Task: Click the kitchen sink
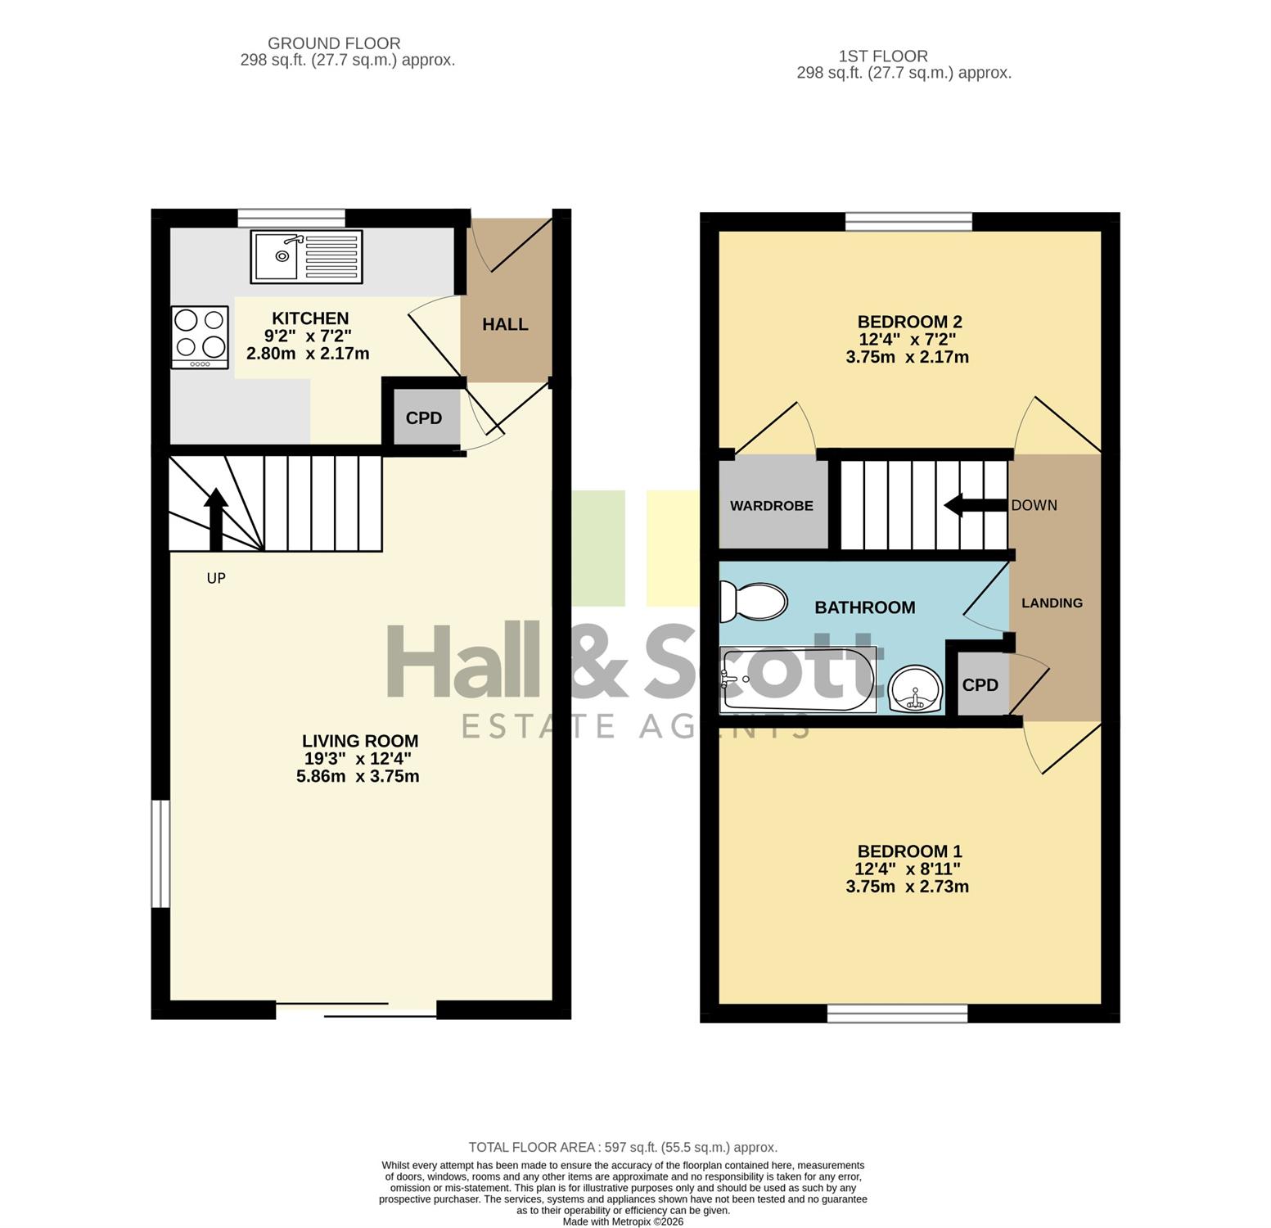(x=307, y=257)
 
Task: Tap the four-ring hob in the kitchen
(x=200, y=337)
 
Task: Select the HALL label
(x=505, y=324)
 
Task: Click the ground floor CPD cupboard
(x=424, y=418)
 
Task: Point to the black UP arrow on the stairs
(x=216, y=519)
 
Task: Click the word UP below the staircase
(x=216, y=578)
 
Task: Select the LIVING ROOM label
(x=360, y=741)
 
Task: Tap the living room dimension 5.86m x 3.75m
(x=358, y=776)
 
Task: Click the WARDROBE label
(x=772, y=506)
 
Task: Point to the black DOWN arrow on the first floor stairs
(x=976, y=505)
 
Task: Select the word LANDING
(x=1052, y=603)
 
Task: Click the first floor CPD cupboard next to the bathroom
(x=980, y=684)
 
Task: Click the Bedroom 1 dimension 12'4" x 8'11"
(x=908, y=869)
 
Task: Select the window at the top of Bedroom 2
(x=908, y=222)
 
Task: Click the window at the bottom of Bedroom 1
(x=897, y=1014)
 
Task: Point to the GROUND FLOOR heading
(x=334, y=43)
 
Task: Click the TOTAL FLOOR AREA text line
(x=623, y=1148)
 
